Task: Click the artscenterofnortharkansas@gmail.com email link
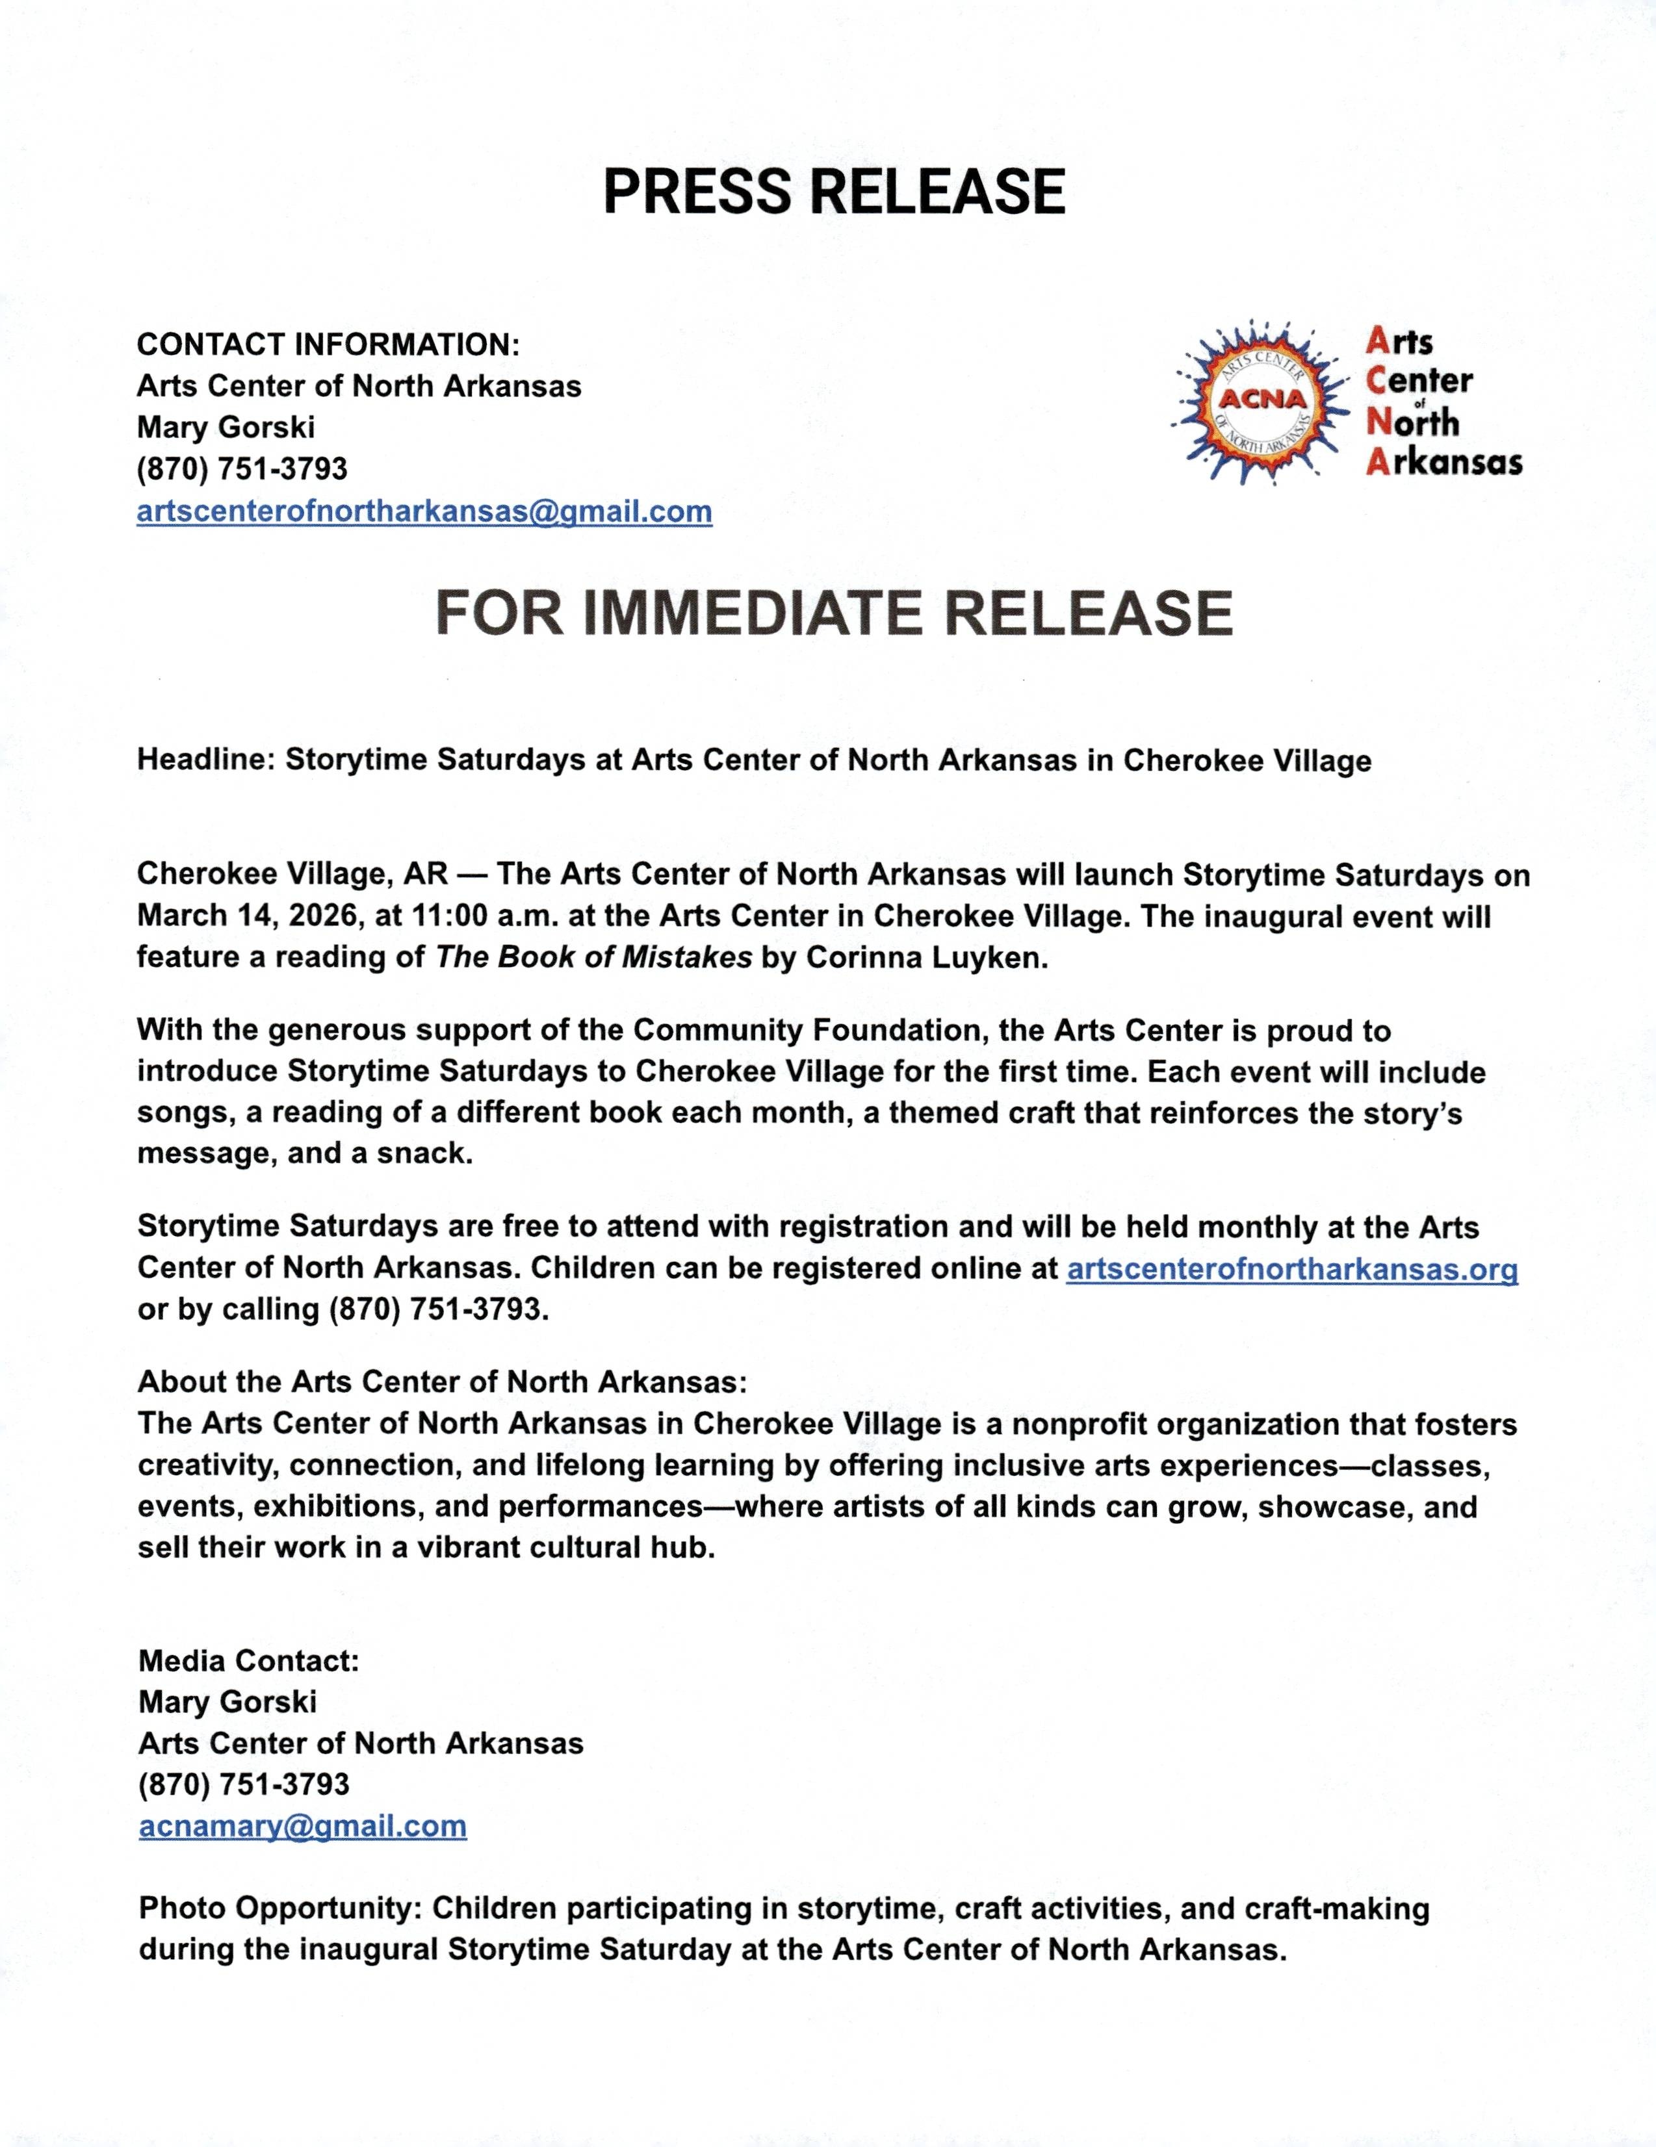(424, 512)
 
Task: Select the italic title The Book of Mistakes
(593, 957)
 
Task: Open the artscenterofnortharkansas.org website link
(1291, 1268)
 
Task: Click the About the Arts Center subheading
(441, 1382)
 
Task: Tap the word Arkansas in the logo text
(1443, 462)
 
